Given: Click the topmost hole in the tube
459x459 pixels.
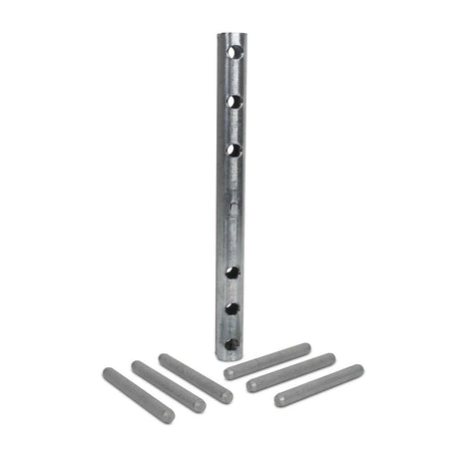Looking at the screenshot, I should (x=232, y=50).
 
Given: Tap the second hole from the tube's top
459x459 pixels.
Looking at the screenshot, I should (x=232, y=100).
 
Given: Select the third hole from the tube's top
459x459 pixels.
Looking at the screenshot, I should (x=232, y=150).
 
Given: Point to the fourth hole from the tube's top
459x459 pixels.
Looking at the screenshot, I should (x=231, y=270).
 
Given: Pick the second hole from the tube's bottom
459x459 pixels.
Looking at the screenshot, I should (x=231, y=309).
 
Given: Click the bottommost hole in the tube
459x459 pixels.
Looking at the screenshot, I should (x=231, y=343).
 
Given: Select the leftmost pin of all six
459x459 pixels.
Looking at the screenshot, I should (x=139, y=393).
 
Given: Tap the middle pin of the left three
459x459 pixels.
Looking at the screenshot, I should (x=168, y=385).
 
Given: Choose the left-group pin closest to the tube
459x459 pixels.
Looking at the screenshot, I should (x=195, y=378).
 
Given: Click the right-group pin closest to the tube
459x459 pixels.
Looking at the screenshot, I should (x=267, y=360).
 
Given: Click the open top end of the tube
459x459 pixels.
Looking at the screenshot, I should (x=229, y=33).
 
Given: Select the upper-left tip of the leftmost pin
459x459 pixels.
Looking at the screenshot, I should (x=107, y=372).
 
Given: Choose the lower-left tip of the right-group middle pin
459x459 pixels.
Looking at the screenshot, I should (x=252, y=385).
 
